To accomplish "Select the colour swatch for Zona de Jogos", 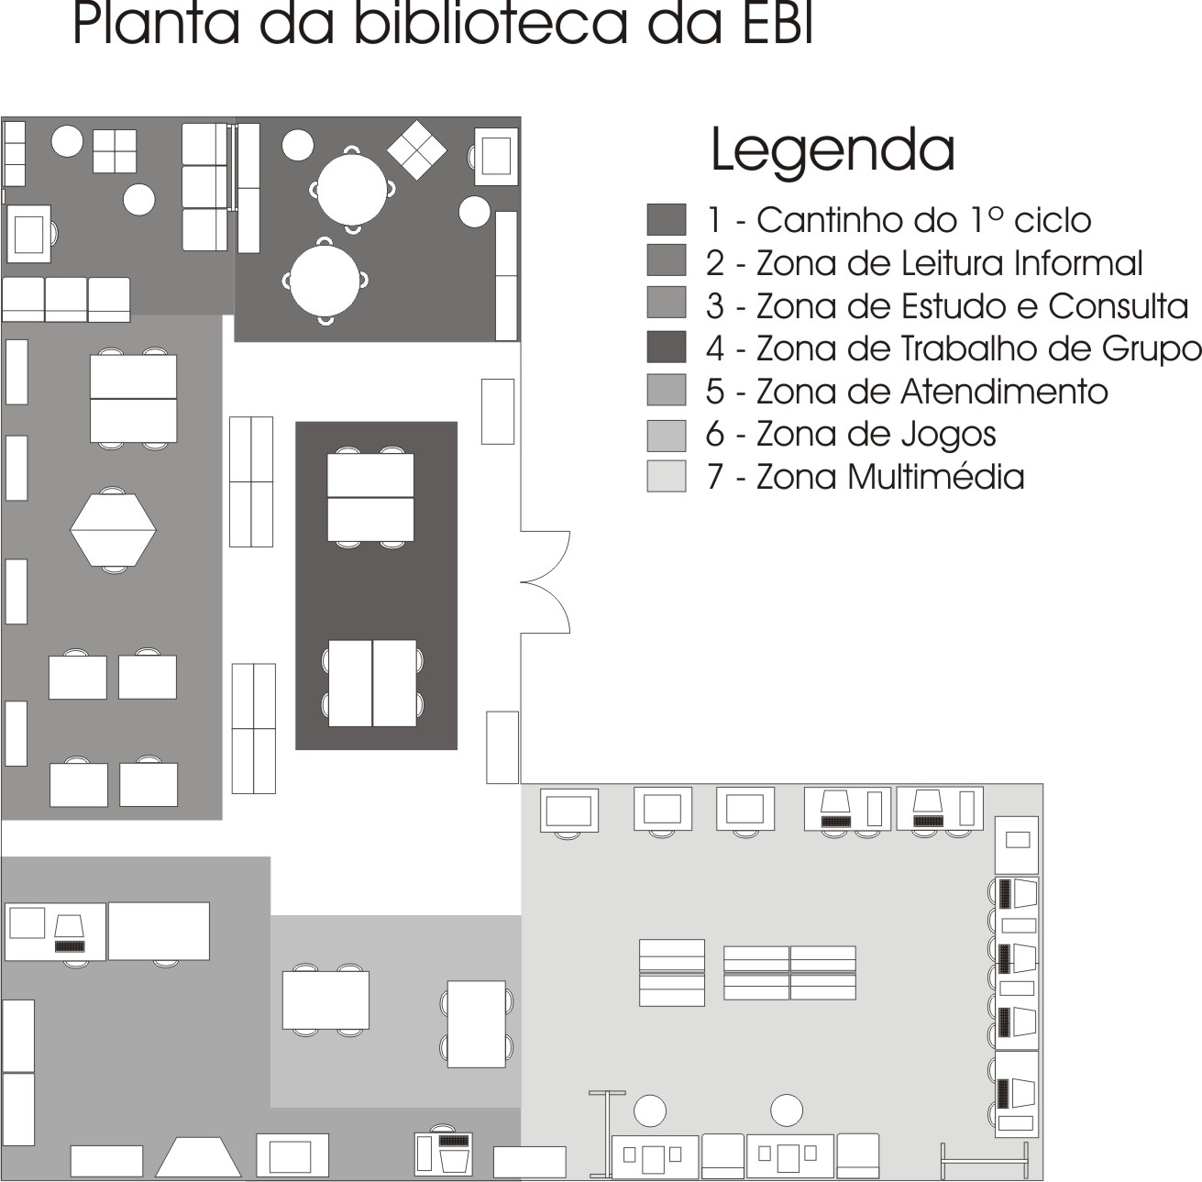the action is [667, 435].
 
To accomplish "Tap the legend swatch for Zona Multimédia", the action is [667, 476].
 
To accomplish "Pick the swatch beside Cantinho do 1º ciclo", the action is [667, 220].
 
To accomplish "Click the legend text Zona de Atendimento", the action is [932, 392].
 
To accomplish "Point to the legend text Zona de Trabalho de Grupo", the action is [978, 348].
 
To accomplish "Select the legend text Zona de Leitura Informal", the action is [949, 263].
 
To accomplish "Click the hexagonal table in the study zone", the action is [113, 530].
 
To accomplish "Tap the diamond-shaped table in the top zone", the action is [416, 149].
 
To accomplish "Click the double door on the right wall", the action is [546, 581].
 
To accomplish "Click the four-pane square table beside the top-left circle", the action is [115, 151].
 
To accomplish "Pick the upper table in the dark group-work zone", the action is [370, 497].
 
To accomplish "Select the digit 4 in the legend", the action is [715, 348].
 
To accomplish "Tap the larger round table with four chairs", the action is [352, 189].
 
